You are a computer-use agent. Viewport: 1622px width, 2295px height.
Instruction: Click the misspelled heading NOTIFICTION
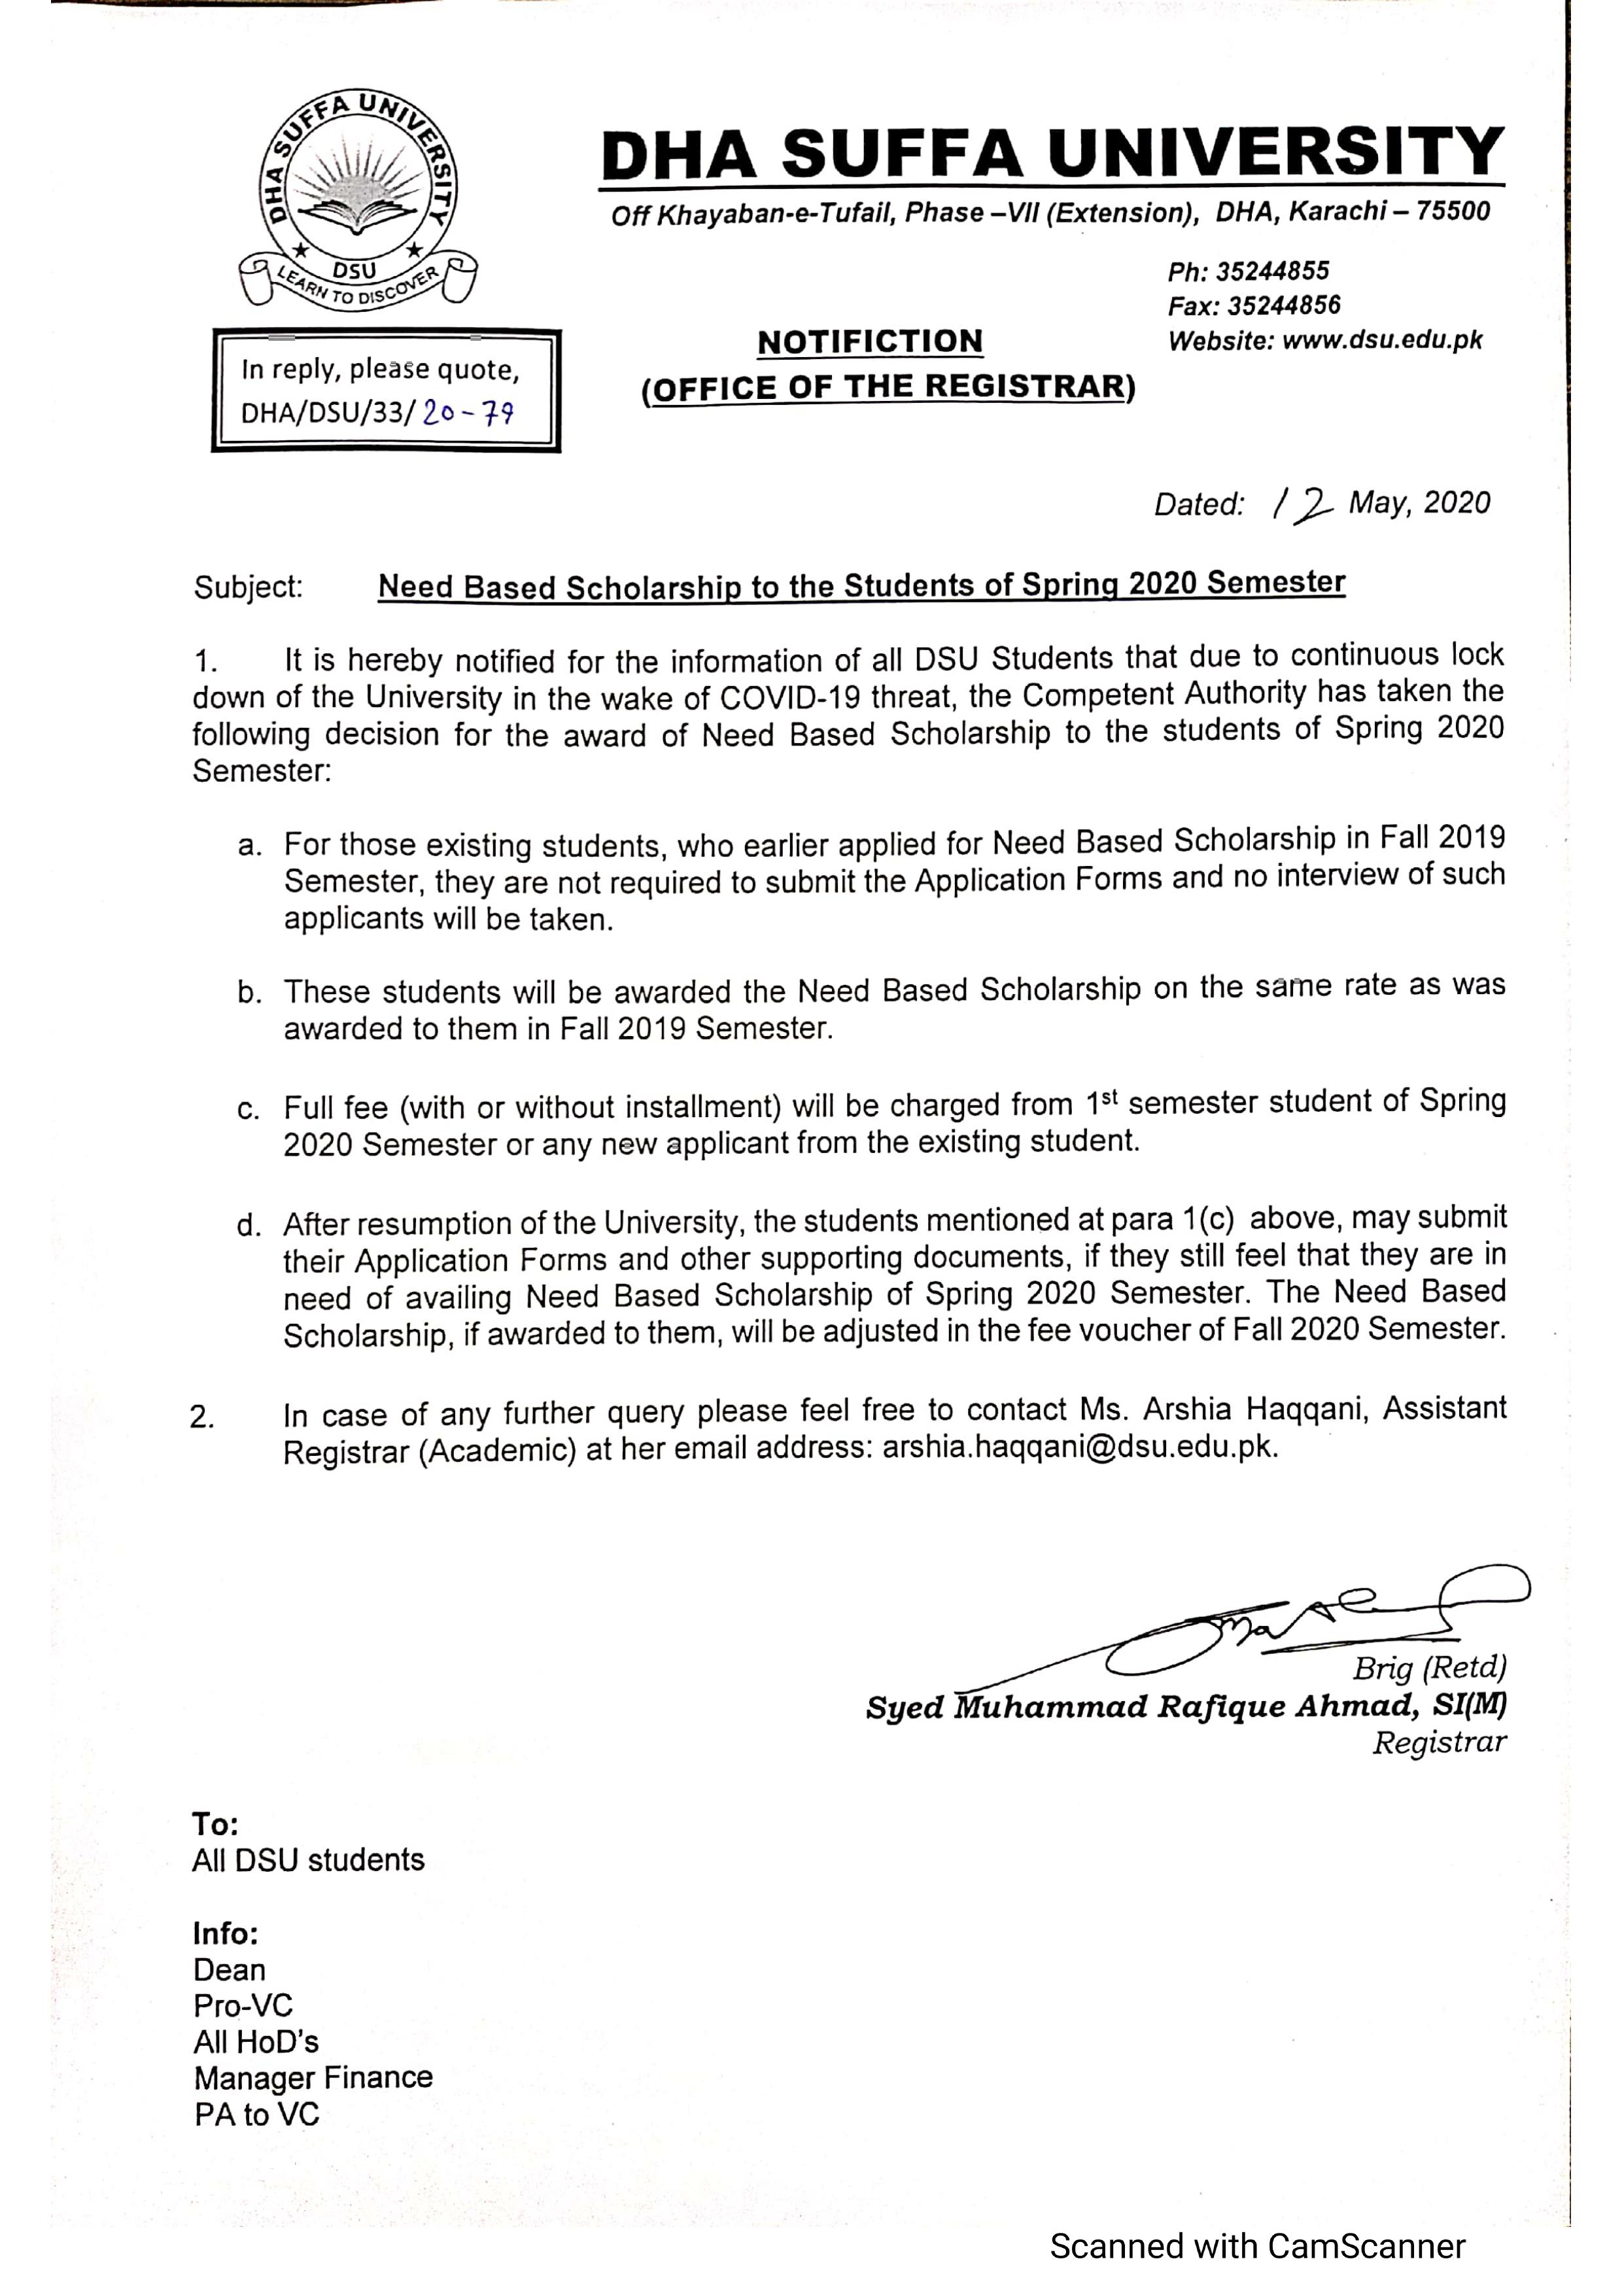[869, 342]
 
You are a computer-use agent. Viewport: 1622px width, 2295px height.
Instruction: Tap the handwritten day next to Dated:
[1302, 505]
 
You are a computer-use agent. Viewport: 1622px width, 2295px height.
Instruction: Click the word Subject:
[248, 587]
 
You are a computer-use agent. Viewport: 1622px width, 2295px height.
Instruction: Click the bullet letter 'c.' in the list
[249, 1109]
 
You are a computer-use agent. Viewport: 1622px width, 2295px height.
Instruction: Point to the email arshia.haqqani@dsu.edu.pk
[1079, 1449]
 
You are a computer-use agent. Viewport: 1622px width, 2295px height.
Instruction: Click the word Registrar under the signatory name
[1438, 1743]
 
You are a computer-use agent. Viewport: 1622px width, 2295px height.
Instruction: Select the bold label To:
[215, 1824]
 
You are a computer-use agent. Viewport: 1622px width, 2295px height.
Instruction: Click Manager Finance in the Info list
[313, 2078]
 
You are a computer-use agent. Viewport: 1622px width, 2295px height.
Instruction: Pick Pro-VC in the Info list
[243, 2006]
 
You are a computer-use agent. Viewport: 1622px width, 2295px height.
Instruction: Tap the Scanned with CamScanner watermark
[1257, 2246]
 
